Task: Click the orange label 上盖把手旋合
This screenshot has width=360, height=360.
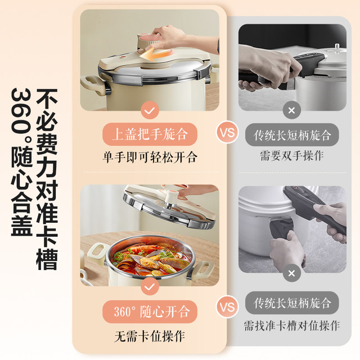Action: click(x=150, y=134)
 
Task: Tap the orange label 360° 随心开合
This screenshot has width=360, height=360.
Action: click(x=150, y=312)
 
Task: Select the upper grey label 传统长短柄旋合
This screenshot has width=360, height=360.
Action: click(x=292, y=135)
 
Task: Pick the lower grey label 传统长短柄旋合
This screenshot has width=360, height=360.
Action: click(x=292, y=303)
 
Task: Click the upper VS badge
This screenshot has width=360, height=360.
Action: click(x=227, y=133)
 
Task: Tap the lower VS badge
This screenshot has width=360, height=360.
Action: click(x=227, y=307)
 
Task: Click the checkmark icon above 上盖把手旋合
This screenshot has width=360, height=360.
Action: click(x=150, y=110)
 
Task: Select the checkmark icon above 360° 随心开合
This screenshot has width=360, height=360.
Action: click(x=150, y=286)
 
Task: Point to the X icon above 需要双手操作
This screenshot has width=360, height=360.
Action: click(x=291, y=110)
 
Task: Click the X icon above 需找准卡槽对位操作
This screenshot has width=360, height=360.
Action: click(x=291, y=273)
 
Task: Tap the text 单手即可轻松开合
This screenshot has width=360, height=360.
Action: click(x=150, y=157)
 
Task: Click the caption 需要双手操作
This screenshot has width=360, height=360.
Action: click(x=292, y=156)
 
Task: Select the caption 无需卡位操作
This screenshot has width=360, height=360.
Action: click(x=150, y=336)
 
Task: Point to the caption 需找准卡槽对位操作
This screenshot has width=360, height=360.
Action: click(x=292, y=326)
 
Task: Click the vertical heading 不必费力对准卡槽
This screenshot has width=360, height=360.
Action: click(x=47, y=179)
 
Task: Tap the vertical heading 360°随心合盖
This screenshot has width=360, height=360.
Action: click(x=21, y=162)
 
